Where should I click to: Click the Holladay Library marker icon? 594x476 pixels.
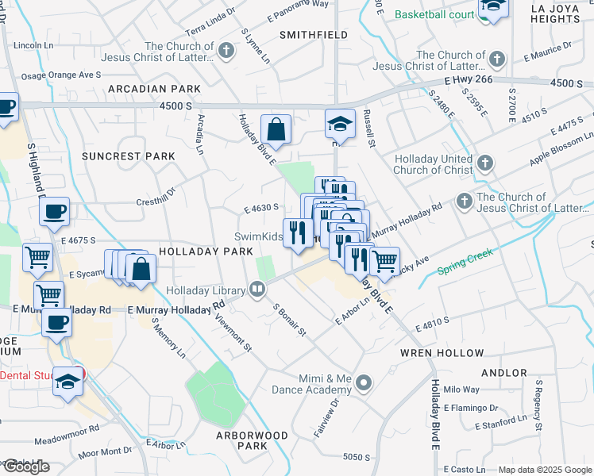click(257, 290)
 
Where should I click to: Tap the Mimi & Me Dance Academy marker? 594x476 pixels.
click(364, 385)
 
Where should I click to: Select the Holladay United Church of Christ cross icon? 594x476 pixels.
click(485, 164)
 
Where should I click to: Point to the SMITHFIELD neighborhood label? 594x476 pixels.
click(314, 36)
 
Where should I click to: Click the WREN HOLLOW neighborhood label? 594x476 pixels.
click(442, 353)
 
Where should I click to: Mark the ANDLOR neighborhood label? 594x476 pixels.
click(503, 372)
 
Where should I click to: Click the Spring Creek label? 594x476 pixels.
click(465, 263)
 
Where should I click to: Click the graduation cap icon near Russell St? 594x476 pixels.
click(339, 125)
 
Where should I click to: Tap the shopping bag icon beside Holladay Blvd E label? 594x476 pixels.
click(276, 130)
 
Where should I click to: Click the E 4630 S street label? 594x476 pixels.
click(261, 208)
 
